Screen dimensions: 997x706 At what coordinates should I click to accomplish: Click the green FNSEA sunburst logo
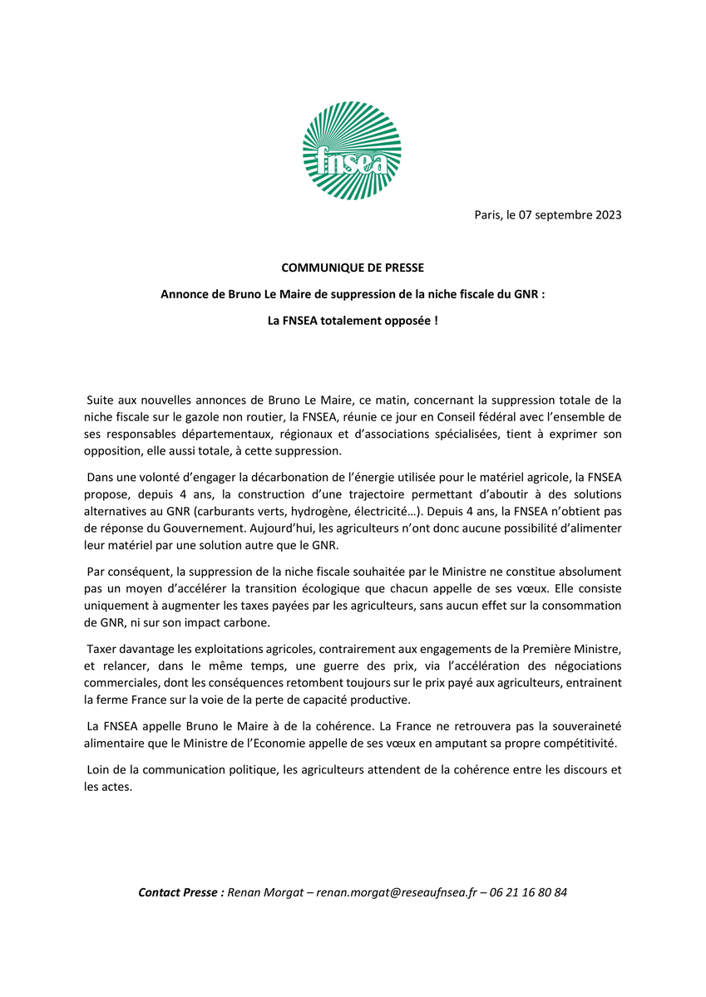point(352,150)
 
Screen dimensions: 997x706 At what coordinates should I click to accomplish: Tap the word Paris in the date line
point(488,215)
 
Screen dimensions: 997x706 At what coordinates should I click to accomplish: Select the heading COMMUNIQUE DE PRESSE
point(353,268)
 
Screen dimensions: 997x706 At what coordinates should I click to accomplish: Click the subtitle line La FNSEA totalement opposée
point(353,319)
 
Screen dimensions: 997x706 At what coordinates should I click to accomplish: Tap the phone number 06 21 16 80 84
point(529,892)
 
